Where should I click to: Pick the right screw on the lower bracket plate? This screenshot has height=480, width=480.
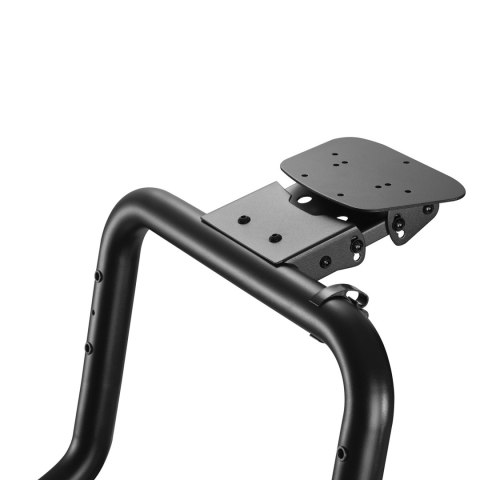point(274,239)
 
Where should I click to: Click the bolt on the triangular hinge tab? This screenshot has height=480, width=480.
point(399,222)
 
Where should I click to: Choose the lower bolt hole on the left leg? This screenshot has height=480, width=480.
point(88,347)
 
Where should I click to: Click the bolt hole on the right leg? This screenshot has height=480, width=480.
point(341,453)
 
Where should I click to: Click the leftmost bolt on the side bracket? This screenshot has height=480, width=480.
point(324,261)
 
